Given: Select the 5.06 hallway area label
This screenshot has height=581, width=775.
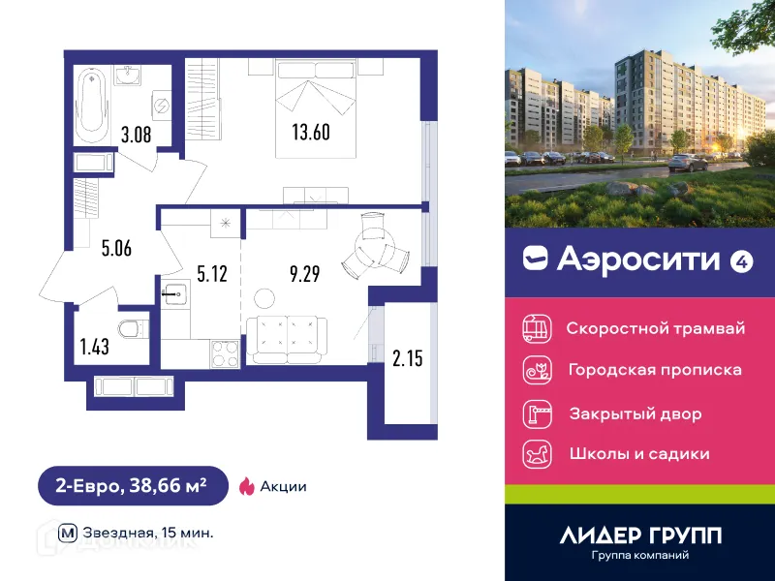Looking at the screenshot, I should click(x=115, y=247).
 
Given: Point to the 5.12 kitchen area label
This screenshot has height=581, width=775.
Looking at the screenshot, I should click(x=212, y=273).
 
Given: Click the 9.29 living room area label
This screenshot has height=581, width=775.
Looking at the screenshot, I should click(x=304, y=273).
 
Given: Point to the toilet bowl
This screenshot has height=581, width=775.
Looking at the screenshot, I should click(x=131, y=329).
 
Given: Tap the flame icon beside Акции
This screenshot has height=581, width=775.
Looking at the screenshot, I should click(x=245, y=486).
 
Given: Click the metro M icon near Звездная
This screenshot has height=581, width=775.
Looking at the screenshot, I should click(x=68, y=533).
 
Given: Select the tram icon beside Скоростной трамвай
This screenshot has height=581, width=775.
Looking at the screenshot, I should click(x=536, y=328).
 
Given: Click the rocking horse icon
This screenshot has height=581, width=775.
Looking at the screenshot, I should click(x=536, y=453).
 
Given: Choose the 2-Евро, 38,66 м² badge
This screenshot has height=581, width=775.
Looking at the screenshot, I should click(x=132, y=486).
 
